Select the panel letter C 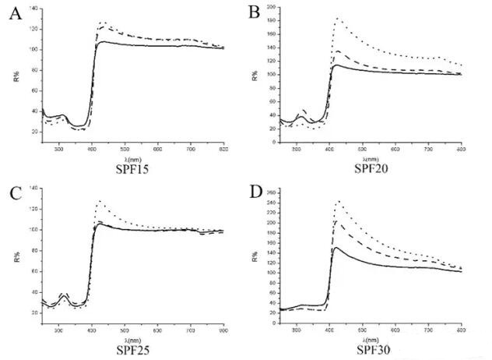(x=13, y=192)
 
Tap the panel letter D (x=252, y=191)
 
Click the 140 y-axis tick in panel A (x=33, y=8)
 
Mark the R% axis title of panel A (x=18, y=76)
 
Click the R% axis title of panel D (x=257, y=255)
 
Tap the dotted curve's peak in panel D (x=338, y=201)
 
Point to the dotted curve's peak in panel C (x=99, y=201)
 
